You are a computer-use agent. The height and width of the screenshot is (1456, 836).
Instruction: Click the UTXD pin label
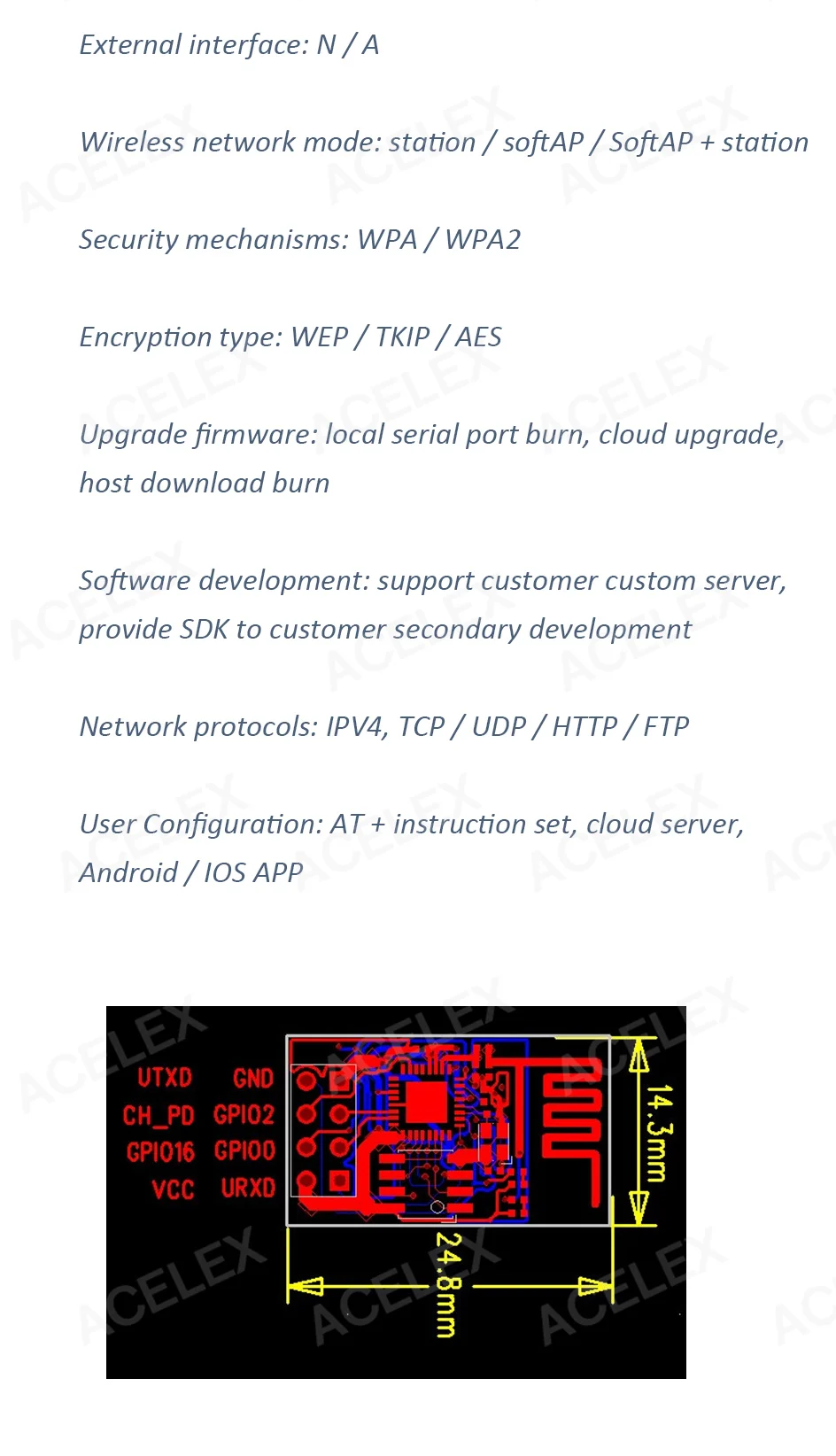(x=165, y=1078)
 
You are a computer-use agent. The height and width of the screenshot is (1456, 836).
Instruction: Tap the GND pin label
(x=253, y=1078)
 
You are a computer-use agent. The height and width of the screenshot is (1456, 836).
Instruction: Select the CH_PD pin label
(x=159, y=1115)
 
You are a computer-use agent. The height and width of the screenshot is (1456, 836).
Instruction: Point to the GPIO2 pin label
(x=244, y=1115)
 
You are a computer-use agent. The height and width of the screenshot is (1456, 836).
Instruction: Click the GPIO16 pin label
(x=160, y=1152)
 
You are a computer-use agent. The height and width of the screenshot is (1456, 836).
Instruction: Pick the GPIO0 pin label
(x=244, y=1151)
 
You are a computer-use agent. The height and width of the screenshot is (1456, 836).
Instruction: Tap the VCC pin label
(x=173, y=1189)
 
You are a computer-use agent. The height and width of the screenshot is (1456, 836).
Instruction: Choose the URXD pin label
(x=248, y=1188)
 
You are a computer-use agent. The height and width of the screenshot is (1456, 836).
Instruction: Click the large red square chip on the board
(x=427, y=1103)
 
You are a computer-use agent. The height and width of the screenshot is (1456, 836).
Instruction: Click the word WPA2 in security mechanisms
(x=483, y=240)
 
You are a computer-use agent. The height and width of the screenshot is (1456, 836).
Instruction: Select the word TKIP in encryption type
(x=402, y=337)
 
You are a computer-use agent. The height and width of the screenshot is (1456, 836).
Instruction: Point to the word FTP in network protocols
(x=666, y=727)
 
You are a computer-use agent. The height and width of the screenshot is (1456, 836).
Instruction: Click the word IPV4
(x=357, y=727)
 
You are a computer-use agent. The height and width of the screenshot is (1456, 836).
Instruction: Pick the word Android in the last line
(x=128, y=873)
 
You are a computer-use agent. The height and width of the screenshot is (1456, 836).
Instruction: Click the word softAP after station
(x=543, y=143)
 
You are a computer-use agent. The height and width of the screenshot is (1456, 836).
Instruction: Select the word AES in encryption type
(x=478, y=337)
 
